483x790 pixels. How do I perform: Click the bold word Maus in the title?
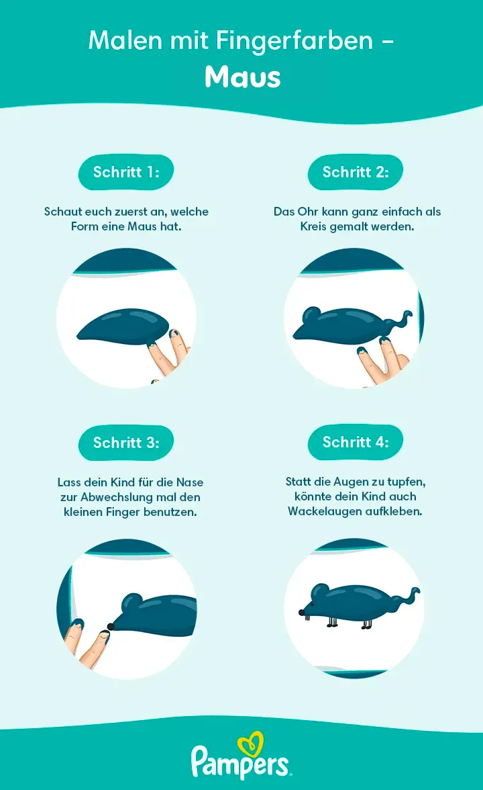[x=243, y=77]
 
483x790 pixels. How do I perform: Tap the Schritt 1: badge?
[x=126, y=172]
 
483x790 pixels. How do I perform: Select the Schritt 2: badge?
[x=356, y=172]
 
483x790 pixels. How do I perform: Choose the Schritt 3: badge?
[x=126, y=443]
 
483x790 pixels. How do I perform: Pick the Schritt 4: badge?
[x=356, y=442]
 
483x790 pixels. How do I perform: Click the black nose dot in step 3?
[x=110, y=626]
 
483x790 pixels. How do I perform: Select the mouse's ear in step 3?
[x=131, y=603]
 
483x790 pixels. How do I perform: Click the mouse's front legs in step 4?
[x=332, y=622]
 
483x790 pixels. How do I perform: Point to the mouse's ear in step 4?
[x=319, y=592]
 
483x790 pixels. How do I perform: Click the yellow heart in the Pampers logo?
[x=251, y=744]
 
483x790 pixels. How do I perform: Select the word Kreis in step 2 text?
[x=313, y=227]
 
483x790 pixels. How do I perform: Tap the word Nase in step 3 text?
[x=190, y=482]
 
